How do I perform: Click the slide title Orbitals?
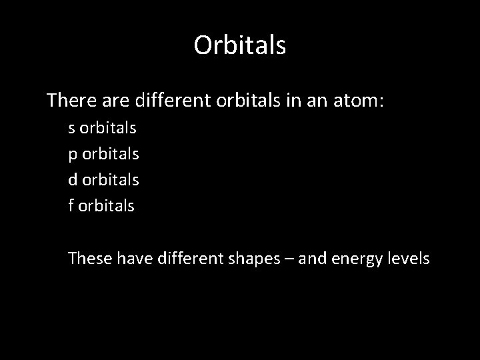tap(240, 45)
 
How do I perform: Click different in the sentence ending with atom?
tap(173, 101)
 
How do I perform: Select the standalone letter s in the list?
tap(71, 127)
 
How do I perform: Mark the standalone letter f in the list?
tap(71, 206)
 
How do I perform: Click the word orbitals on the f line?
tap(107, 206)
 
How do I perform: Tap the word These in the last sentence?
tap(89, 258)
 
